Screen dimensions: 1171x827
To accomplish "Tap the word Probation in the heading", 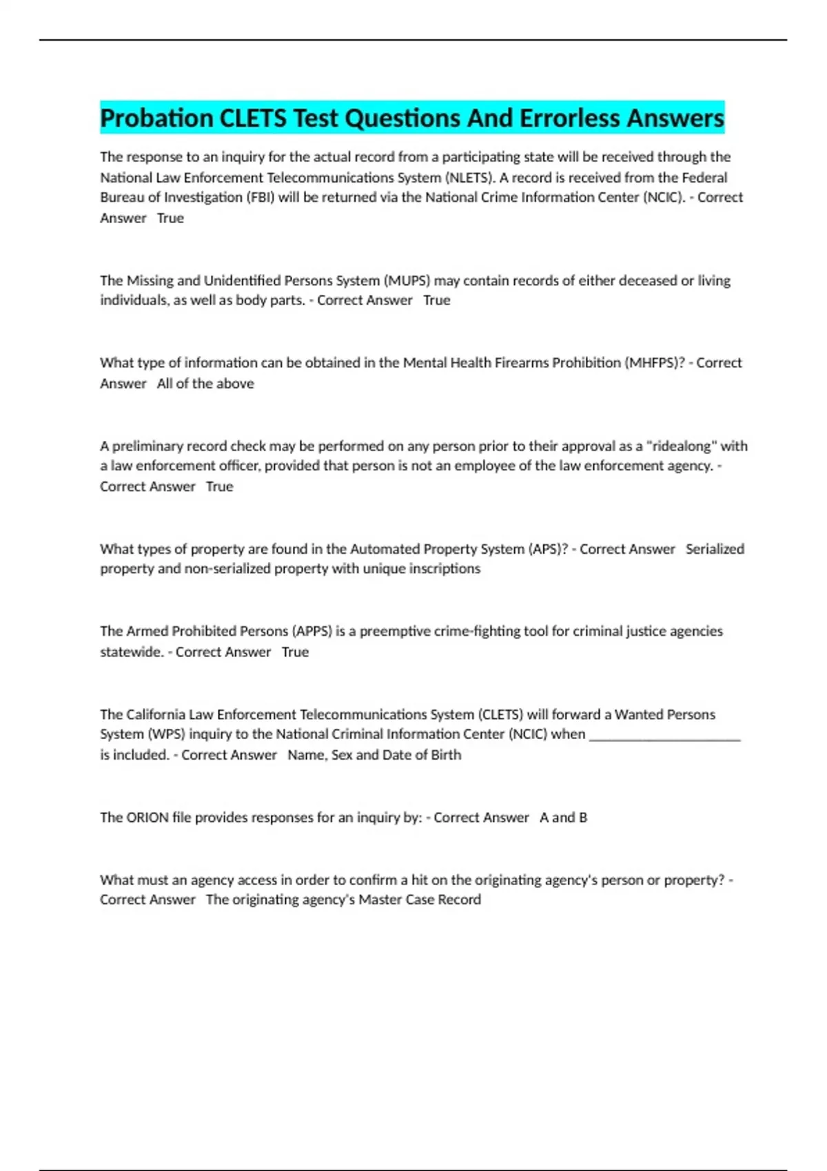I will coord(157,118).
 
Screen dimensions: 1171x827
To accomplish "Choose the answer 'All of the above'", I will coord(205,383).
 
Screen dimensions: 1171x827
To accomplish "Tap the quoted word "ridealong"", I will coord(681,446).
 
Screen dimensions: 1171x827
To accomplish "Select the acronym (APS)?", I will coord(548,549).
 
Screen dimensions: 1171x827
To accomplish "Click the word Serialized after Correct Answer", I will coord(715,549).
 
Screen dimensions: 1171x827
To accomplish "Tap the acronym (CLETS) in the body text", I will coord(500,714).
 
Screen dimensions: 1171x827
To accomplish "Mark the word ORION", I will coord(147,818).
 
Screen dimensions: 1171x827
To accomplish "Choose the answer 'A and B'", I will coord(563,818).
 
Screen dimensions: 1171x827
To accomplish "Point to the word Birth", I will coord(446,755).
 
